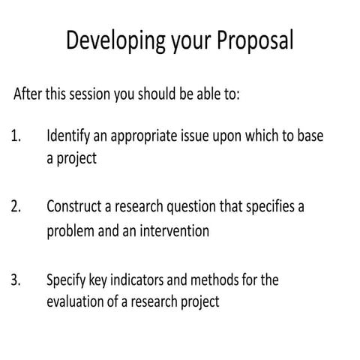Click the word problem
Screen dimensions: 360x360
(71, 232)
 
